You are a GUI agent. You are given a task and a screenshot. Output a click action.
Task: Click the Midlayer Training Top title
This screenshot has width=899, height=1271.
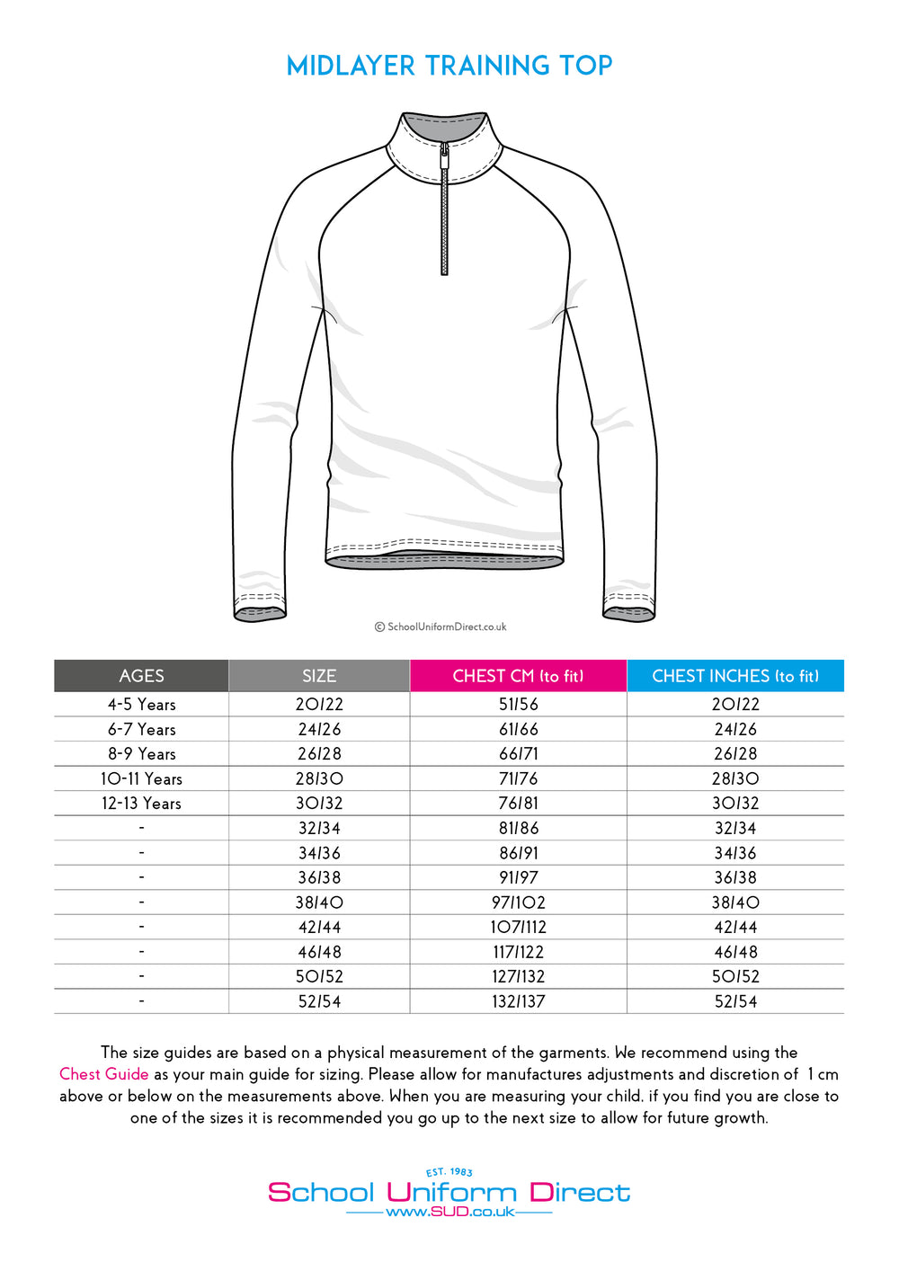point(449,66)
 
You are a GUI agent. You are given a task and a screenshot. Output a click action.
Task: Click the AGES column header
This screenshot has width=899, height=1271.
point(141,676)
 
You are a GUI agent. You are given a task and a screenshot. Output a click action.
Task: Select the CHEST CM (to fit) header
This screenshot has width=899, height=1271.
point(518,676)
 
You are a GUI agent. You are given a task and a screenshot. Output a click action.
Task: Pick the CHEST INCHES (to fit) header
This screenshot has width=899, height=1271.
point(735,676)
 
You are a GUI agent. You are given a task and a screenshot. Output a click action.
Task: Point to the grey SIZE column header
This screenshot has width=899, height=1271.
point(319,676)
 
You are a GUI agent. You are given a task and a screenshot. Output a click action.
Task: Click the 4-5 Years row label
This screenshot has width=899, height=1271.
point(141,705)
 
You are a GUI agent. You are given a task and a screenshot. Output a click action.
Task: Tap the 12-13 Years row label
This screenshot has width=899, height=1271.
point(141,804)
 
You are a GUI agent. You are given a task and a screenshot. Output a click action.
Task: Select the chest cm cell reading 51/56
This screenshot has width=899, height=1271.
point(519,705)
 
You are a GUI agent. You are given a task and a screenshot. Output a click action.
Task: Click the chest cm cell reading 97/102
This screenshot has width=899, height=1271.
point(519,902)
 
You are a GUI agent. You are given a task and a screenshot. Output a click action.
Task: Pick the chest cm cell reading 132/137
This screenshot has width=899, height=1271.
point(519,1001)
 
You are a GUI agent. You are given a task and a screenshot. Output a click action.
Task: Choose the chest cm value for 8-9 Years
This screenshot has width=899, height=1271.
point(519,754)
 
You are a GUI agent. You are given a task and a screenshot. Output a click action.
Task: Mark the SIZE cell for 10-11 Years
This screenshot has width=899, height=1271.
point(319,779)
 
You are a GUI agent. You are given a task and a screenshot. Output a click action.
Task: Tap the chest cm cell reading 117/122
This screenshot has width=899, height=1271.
point(519,952)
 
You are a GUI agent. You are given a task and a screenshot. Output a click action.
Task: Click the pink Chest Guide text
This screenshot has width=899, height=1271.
point(103,1074)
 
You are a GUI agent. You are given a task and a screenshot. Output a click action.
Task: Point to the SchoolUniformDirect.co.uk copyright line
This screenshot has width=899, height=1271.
point(441,627)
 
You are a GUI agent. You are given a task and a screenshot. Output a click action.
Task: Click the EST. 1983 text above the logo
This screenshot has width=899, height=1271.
point(449,1172)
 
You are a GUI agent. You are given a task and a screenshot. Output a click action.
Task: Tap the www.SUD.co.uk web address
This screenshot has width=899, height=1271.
point(449,1213)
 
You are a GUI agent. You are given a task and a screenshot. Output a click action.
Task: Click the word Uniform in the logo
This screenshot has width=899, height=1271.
point(451,1193)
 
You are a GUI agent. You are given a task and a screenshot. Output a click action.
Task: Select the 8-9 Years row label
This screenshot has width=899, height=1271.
point(141,754)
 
